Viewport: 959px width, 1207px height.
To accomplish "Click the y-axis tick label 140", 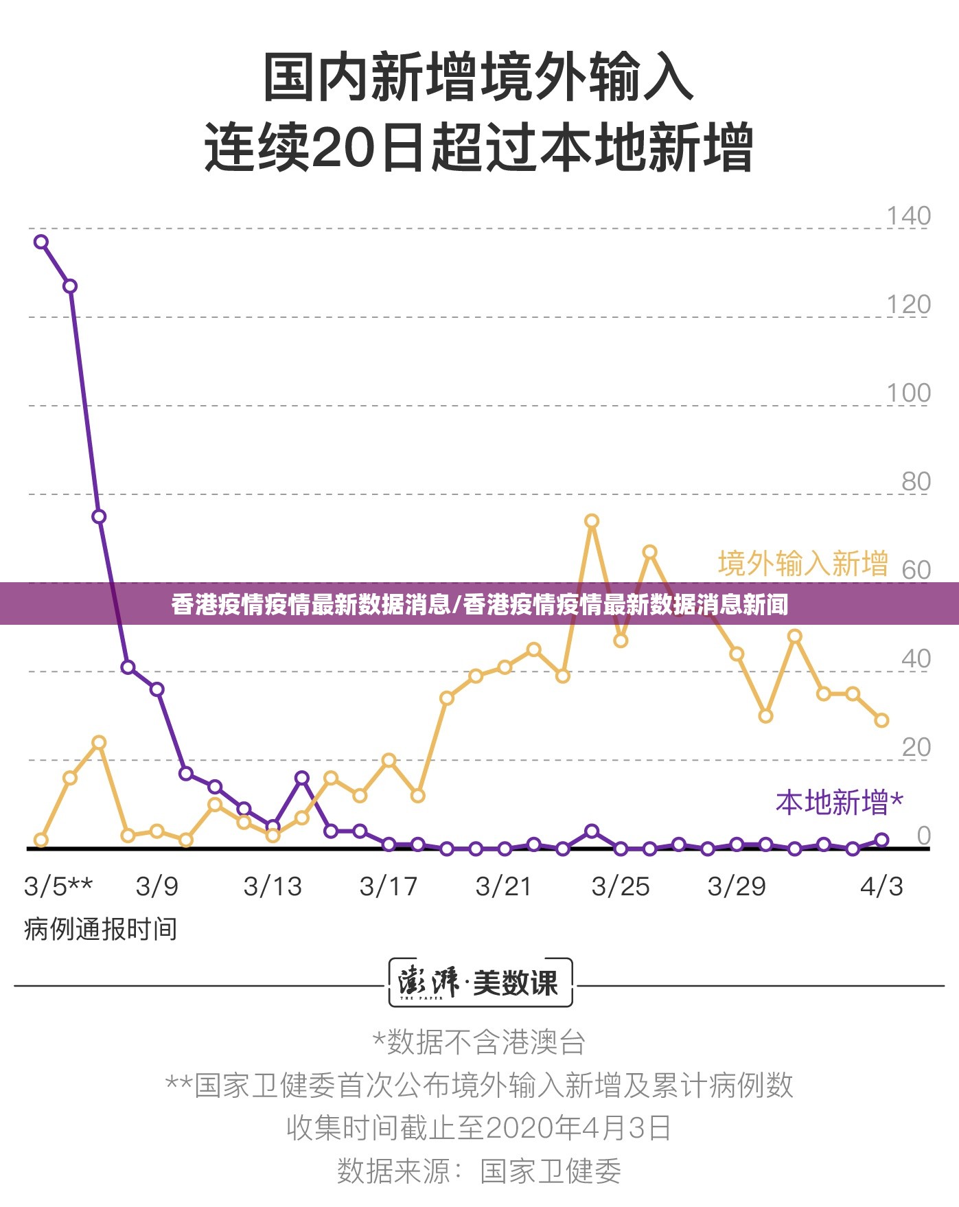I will pyautogui.click(x=908, y=216).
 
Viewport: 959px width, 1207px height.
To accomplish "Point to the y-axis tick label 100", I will pyautogui.click(x=908, y=393).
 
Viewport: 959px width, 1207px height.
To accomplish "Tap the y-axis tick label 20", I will pyautogui.click(x=916, y=747).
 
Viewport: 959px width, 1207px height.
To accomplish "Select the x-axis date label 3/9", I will pyautogui.click(x=157, y=886).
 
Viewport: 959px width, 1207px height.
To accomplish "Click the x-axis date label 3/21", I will pyautogui.click(x=504, y=886).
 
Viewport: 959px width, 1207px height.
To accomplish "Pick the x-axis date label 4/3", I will pyautogui.click(x=881, y=886).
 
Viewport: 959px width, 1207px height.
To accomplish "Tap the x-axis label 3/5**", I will pyautogui.click(x=58, y=886).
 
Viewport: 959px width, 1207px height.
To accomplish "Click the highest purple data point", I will pyautogui.click(x=41, y=242).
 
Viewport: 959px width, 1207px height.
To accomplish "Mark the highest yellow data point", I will pyautogui.click(x=592, y=521).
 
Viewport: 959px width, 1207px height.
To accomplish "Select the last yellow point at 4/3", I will pyautogui.click(x=881, y=720).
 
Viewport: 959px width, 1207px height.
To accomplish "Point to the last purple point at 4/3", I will pyautogui.click(x=881, y=840).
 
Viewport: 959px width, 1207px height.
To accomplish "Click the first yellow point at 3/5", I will pyautogui.click(x=41, y=840).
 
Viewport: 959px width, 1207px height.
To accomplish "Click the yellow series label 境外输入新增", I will pyautogui.click(x=802, y=564).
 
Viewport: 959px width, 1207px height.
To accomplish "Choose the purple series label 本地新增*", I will pyautogui.click(x=839, y=802).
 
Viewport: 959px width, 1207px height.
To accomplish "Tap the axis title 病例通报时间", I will pyautogui.click(x=100, y=929).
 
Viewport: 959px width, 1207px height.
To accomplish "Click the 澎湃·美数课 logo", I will pyautogui.click(x=480, y=982).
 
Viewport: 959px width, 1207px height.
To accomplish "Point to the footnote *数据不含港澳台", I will pyautogui.click(x=478, y=1042).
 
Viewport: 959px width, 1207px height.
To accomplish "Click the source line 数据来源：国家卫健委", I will pyautogui.click(x=478, y=1171).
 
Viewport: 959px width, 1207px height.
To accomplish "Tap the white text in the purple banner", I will pyautogui.click(x=479, y=604).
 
